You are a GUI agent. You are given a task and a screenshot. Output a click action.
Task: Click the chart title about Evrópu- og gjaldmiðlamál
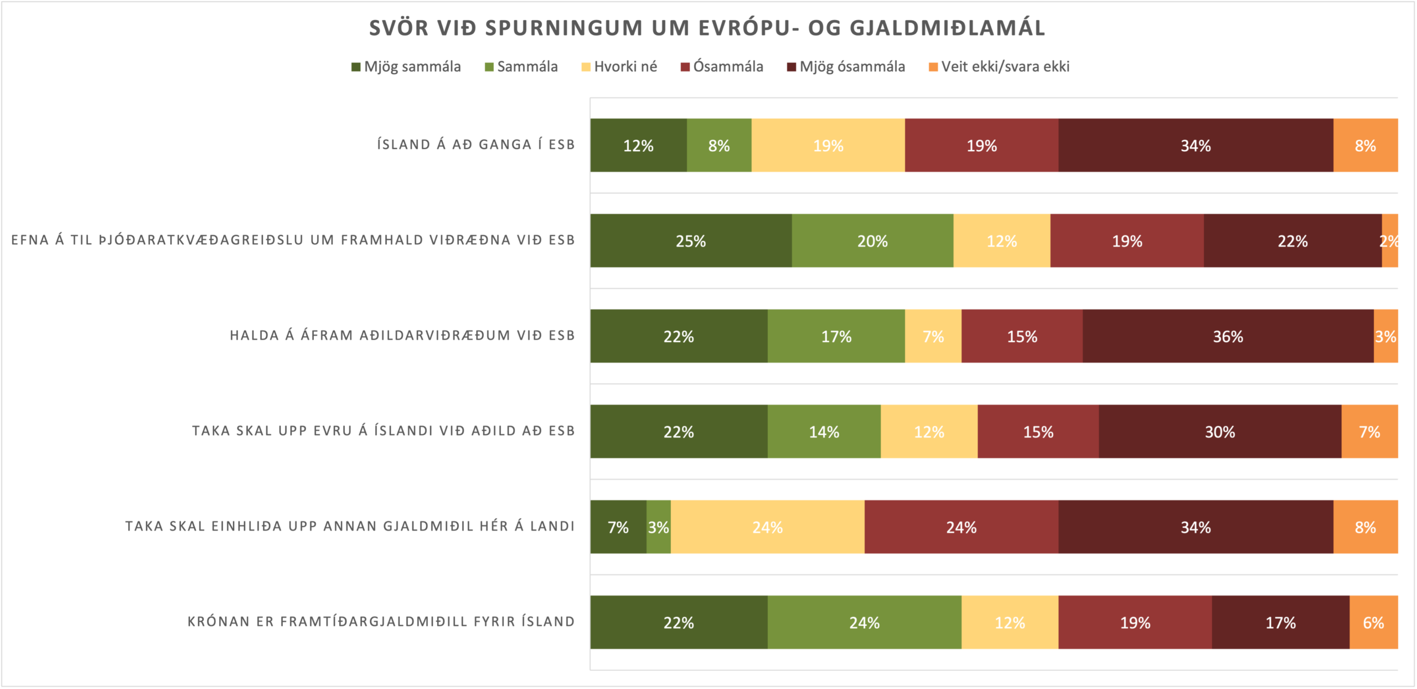click(707, 28)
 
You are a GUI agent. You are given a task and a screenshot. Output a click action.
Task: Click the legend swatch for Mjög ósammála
click(792, 68)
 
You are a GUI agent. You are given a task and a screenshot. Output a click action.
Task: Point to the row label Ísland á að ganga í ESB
click(476, 145)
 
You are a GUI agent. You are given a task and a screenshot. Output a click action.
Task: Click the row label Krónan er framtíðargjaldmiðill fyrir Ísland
click(381, 622)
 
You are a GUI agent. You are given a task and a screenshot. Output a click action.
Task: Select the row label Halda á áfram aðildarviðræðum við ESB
click(402, 336)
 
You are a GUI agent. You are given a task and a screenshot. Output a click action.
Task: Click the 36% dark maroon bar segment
click(1228, 336)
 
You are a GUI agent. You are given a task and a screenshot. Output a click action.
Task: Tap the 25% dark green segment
click(691, 241)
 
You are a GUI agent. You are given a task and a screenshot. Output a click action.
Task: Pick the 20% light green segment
click(872, 241)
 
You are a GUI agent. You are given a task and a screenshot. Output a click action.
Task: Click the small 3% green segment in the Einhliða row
click(659, 527)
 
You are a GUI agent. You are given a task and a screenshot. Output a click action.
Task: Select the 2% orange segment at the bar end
click(1390, 241)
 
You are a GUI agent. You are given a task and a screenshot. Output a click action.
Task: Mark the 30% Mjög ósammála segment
click(1220, 431)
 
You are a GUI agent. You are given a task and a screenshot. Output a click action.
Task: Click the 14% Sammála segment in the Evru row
click(824, 431)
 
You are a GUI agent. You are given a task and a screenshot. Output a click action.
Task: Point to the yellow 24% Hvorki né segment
click(767, 527)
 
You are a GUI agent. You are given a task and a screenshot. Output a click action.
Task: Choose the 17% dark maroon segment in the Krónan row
click(1280, 622)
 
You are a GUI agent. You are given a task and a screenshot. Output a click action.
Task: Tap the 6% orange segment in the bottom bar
click(1373, 622)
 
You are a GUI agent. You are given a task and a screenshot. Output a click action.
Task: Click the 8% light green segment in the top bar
click(719, 145)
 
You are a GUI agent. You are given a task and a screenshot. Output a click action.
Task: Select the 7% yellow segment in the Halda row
click(933, 336)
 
